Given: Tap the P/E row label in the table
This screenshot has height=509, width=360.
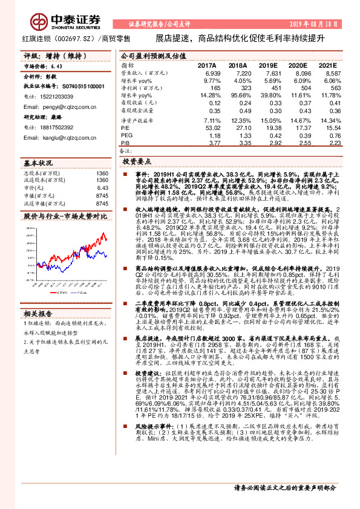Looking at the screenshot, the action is click(x=125, y=128).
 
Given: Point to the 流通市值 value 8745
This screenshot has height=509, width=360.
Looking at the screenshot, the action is click(x=102, y=204).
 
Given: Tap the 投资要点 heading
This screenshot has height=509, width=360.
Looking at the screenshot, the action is click(x=137, y=163).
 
